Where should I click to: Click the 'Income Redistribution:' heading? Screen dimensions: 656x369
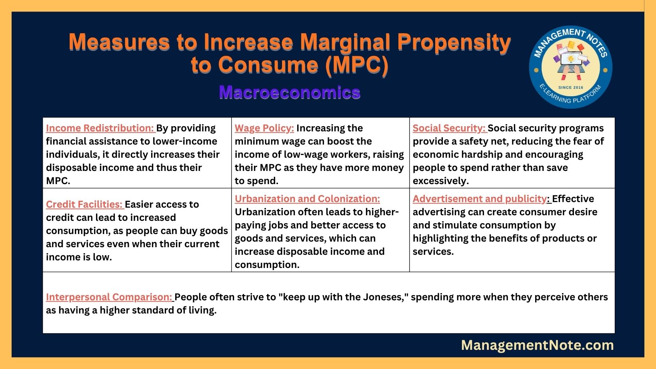tap(100, 128)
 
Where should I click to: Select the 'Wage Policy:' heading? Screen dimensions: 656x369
tap(264, 128)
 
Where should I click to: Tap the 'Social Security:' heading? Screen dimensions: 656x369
tap(449, 128)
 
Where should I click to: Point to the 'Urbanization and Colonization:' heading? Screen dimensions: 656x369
tap(307, 199)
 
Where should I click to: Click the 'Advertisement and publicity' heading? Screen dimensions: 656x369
tap(480, 199)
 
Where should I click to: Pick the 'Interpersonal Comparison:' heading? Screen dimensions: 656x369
tap(109, 297)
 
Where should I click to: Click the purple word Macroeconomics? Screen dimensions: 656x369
tap(290, 92)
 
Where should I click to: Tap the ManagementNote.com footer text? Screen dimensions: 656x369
tap(537, 345)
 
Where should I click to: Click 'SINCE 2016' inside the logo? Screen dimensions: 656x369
tap(571, 87)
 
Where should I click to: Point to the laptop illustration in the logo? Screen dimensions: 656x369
tap(571, 62)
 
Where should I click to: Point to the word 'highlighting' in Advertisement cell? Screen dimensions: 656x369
tap(440, 238)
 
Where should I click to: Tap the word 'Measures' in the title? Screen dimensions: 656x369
tap(119, 42)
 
